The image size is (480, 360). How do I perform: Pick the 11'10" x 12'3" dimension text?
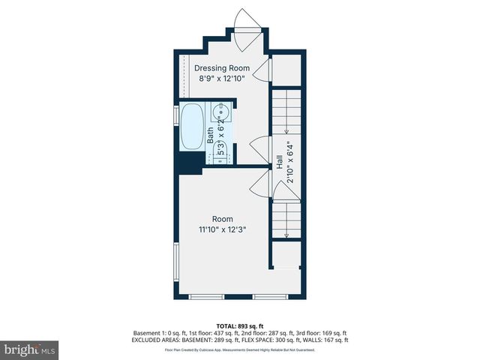coord(223,229)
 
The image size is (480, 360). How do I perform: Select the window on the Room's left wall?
coord(176,265)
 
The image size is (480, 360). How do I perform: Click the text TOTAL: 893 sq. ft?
coord(240,325)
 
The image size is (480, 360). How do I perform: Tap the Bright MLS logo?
coord(30,349)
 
